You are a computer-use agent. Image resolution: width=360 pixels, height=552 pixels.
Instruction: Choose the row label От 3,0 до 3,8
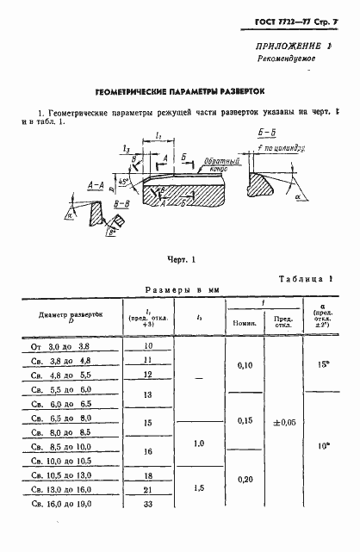[65, 346]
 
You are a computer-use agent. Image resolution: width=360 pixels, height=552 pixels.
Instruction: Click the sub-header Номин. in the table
[242, 325]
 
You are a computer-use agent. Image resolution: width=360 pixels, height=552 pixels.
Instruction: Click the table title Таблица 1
[305, 281]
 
